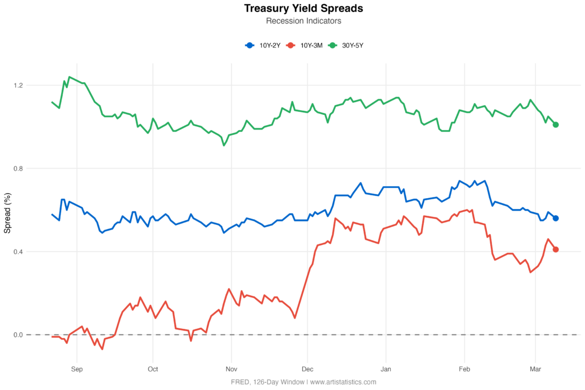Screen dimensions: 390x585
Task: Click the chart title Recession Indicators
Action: tap(303, 21)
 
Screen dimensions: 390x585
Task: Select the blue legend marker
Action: tap(250, 45)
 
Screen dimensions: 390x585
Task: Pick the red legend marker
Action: tap(291, 45)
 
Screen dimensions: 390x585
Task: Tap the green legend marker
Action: tap(332, 45)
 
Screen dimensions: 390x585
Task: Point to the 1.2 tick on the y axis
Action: tap(18, 86)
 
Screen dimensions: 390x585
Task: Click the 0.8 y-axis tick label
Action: tap(18, 168)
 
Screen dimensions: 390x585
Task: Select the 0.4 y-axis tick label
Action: tap(18, 251)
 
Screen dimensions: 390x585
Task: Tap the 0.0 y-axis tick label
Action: tap(18, 335)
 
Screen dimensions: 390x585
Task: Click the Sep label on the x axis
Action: tap(77, 369)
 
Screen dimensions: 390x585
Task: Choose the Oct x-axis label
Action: tap(153, 369)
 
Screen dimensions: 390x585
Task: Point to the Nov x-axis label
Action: tap(231, 369)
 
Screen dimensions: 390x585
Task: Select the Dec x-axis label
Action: tap(307, 369)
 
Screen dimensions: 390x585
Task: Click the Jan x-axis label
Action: tap(386, 369)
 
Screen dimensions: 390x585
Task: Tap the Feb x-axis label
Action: tap(464, 369)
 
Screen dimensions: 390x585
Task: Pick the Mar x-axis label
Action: tap(535, 369)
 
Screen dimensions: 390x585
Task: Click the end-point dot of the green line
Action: tap(556, 124)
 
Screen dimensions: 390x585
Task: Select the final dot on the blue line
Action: tap(556, 218)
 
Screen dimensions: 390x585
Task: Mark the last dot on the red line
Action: tap(556, 250)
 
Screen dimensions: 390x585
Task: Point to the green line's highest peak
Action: tap(69, 77)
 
